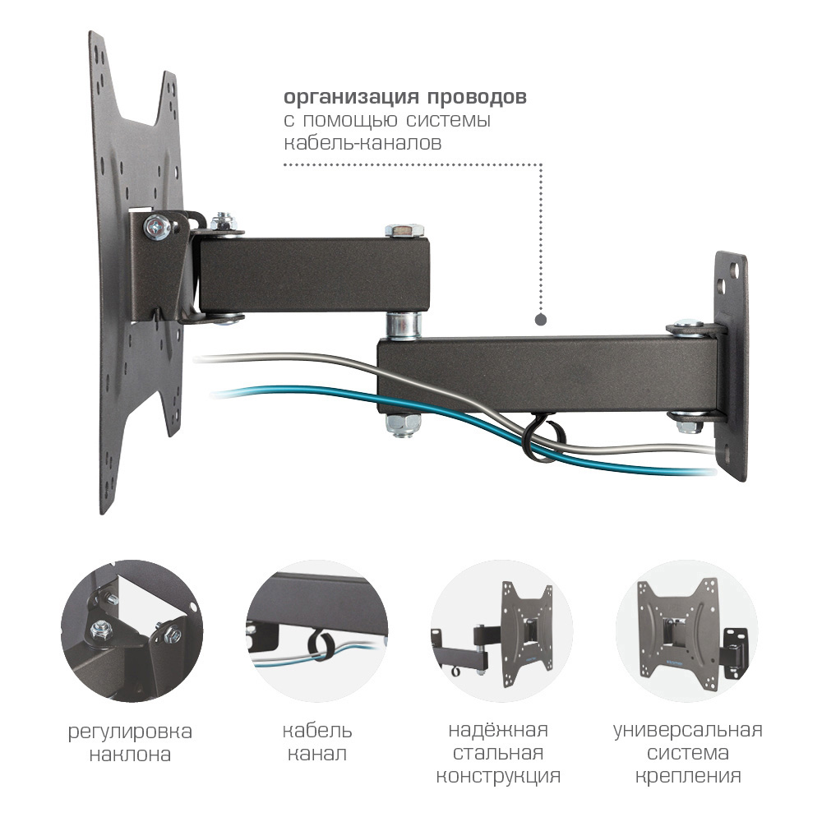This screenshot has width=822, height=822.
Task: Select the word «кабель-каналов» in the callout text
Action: (x=363, y=142)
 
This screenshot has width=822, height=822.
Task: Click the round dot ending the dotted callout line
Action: (x=541, y=320)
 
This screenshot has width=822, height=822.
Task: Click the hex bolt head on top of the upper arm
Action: (x=404, y=231)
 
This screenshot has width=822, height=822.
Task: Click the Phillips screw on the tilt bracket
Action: (x=157, y=228)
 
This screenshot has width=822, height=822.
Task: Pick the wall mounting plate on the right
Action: (x=732, y=367)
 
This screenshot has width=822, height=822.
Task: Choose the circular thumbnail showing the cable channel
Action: (x=317, y=630)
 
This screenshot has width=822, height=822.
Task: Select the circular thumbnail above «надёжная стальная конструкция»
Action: (x=501, y=630)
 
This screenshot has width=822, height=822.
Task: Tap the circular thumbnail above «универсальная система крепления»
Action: (x=686, y=630)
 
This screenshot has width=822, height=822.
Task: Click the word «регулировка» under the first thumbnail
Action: (x=130, y=732)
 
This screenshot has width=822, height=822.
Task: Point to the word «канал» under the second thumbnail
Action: (x=317, y=754)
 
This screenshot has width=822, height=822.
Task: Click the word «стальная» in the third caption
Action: (x=498, y=753)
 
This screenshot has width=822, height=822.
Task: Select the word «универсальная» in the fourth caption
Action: (x=688, y=730)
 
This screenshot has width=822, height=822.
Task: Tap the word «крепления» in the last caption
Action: (x=688, y=777)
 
